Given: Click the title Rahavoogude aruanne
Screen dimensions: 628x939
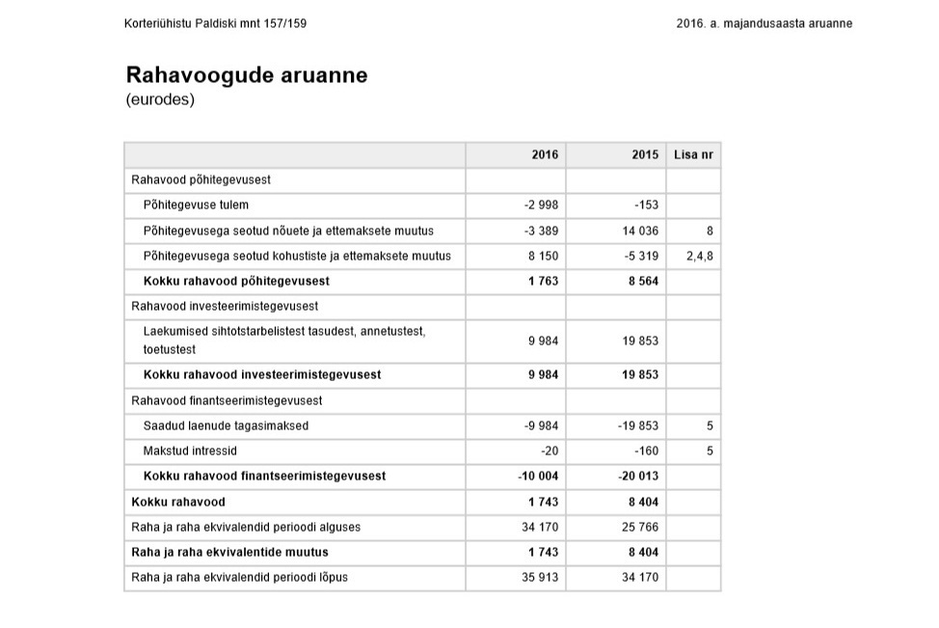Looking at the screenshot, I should click(246, 75).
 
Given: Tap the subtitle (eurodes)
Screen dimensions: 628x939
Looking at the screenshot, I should click(160, 99).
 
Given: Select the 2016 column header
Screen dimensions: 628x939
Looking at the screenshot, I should click(545, 154).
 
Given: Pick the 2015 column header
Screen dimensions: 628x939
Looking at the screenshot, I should click(645, 154).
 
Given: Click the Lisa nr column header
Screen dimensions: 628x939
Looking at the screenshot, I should click(693, 154).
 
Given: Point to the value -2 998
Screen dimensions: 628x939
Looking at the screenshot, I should click(541, 205).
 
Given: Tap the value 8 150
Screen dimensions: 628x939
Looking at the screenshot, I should click(544, 256).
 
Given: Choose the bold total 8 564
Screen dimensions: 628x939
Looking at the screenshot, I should click(641, 281).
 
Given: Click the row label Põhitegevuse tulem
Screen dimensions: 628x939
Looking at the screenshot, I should click(196, 205).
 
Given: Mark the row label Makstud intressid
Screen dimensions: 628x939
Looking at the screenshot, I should click(190, 451).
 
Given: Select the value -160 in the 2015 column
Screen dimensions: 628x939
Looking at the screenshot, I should click(645, 451).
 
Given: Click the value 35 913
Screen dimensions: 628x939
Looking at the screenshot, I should click(541, 577).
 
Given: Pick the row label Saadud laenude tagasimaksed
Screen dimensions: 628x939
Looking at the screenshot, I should click(226, 425).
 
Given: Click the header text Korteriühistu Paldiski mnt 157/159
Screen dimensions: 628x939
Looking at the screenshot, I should click(216, 23).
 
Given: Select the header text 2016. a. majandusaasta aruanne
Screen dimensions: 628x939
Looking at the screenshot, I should click(764, 23).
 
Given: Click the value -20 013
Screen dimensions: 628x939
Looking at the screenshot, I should click(636, 476).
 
